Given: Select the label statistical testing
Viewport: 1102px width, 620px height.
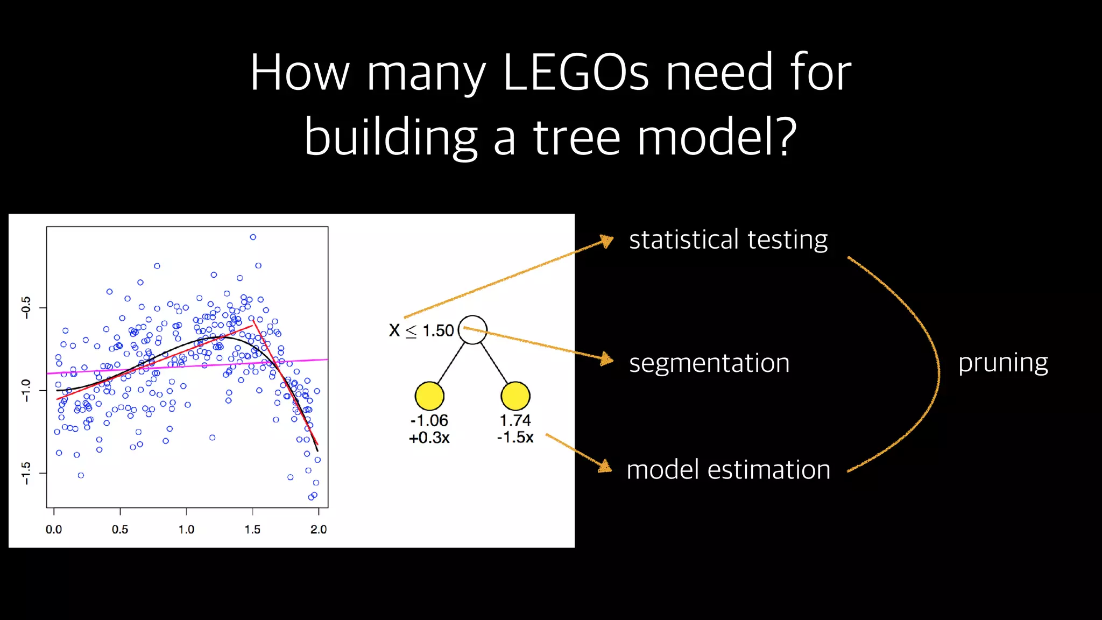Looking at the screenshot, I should coord(728,239).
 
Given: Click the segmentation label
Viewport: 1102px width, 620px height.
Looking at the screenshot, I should coord(709,363).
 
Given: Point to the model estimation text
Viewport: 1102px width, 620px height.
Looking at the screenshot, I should coord(728,469).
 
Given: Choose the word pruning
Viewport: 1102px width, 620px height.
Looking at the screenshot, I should coord(1003,363).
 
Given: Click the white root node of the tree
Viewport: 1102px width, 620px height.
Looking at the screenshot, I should coord(472,330).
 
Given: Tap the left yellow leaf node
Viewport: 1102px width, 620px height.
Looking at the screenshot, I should coord(429,396).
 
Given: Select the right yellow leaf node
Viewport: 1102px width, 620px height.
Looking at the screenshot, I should coord(515,396).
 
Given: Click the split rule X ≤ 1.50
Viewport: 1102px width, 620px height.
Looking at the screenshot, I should coord(421,330).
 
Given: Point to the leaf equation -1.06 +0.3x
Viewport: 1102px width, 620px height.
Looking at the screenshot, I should coord(429,429).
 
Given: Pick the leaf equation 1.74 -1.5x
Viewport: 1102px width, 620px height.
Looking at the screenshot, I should coord(515,429).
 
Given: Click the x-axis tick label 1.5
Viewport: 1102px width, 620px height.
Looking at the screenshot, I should coord(252,530).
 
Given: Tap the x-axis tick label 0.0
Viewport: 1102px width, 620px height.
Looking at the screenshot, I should coord(54,530).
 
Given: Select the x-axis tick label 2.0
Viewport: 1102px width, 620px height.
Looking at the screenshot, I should coord(319,530).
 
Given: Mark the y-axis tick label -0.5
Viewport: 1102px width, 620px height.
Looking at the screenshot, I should coord(26,307).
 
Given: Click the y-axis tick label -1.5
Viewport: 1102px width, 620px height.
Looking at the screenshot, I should coord(26,473).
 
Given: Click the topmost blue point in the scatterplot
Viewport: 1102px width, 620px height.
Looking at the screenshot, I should coord(253,237).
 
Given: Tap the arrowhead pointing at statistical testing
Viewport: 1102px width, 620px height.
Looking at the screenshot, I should coord(607,241).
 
